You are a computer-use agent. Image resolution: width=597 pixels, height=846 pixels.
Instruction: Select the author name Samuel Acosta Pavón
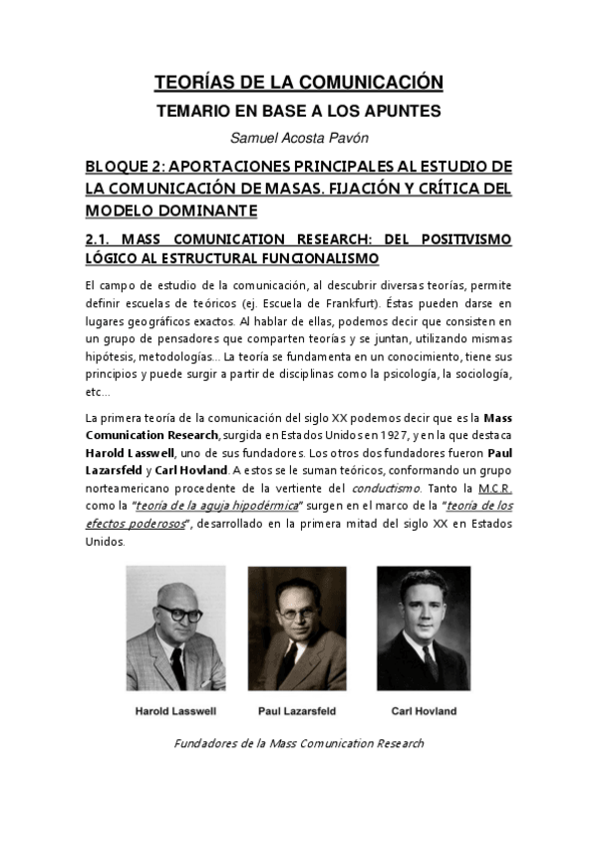click(x=298, y=137)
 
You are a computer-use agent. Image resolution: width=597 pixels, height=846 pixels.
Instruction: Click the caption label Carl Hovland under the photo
click(x=423, y=711)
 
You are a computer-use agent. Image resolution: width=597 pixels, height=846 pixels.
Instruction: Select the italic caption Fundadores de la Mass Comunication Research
click(x=298, y=743)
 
